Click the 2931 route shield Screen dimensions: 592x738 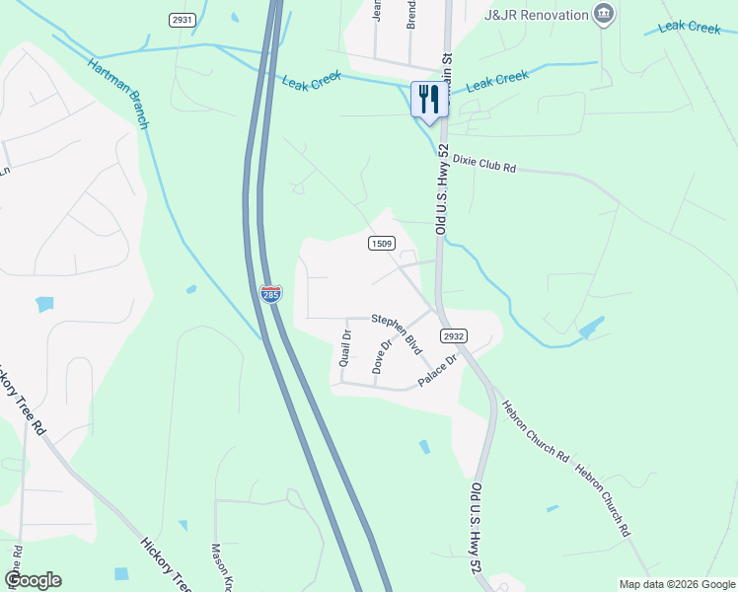(x=182, y=20)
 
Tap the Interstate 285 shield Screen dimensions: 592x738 (x=271, y=293)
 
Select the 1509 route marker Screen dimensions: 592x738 (x=383, y=243)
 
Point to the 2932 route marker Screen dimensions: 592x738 (x=454, y=336)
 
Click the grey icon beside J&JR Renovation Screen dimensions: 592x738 (x=604, y=14)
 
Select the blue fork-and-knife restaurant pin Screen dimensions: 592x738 (x=429, y=101)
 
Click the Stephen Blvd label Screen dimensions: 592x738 (x=397, y=333)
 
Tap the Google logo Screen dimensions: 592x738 (x=33, y=580)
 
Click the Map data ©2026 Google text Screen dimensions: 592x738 (x=677, y=584)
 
